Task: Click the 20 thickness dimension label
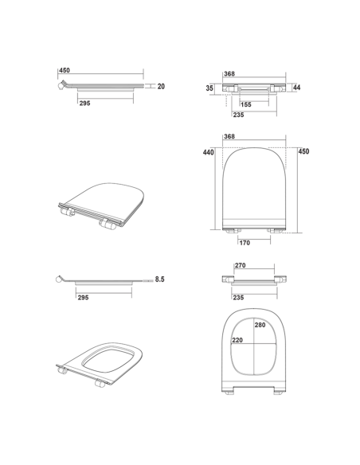[x=161, y=86]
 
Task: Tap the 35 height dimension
[x=209, y=88]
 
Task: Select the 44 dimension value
[x=296, y=88]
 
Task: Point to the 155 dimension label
[x=246, y=104]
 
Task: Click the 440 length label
[x=208, y=152]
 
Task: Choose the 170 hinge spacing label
[x=245, y=243]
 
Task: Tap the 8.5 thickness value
[x=159, y=279]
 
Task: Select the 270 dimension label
[x=241, y=265]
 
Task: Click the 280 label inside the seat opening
[x=260, y=325]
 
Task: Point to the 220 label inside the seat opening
[x=237, y=340]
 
